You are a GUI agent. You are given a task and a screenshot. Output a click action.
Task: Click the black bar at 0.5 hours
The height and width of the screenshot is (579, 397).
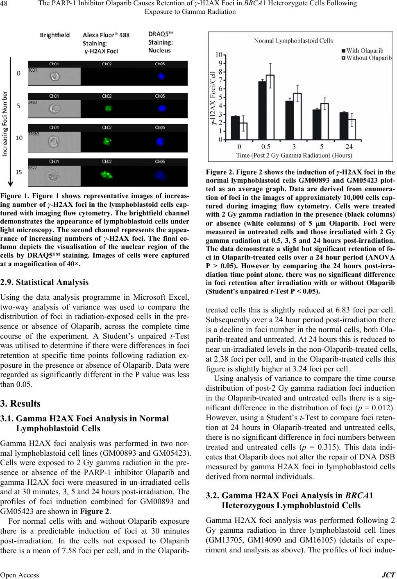(x=262, y=110)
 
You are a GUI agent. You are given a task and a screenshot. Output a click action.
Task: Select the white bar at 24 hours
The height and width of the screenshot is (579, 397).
(x=352, y=129)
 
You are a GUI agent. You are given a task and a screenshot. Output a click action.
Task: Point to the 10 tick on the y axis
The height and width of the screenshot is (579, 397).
(x=220, y=54)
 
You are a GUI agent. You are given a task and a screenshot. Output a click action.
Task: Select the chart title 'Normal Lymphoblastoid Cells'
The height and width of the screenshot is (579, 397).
(x=293, y=41)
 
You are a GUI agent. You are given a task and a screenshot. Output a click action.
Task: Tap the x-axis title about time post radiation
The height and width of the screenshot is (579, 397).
(x=294, y=155)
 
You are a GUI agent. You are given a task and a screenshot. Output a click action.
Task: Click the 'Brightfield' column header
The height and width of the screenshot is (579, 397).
(x=54, y=35)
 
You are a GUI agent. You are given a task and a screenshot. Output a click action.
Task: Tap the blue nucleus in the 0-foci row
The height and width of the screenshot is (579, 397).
(x=161, y=77)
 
